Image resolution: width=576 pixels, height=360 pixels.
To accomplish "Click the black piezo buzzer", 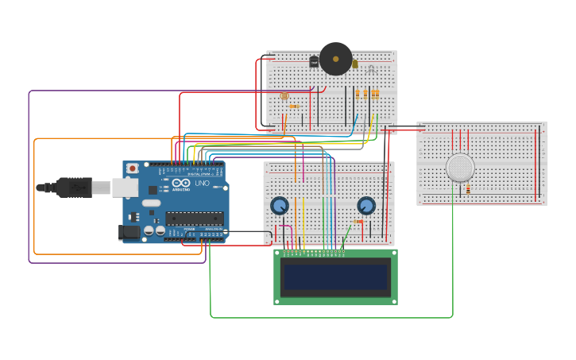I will (335, 58).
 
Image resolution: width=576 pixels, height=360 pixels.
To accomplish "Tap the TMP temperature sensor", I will (314, 61).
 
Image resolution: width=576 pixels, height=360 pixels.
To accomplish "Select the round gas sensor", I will (460, 168).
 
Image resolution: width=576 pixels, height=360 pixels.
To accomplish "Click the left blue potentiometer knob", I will (279, 206).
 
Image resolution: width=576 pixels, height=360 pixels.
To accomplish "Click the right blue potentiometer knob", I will (365, 206).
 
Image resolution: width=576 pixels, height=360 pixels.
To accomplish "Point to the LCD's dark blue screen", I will (335, 277).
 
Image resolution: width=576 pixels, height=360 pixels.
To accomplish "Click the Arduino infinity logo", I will (180, 184).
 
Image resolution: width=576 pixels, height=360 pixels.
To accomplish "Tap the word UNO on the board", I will (202, 184).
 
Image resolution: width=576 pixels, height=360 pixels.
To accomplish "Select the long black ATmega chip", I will (194, 219).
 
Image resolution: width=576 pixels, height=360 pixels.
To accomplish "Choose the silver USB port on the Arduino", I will (125, 188).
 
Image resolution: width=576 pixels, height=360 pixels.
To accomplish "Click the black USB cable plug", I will (74, 188).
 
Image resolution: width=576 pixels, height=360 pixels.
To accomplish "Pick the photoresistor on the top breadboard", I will (284, 96).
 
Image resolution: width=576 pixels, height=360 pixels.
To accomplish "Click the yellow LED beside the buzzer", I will (354, 64).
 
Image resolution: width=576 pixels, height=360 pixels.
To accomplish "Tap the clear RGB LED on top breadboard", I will (371, 69).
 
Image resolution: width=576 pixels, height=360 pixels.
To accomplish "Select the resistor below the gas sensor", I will (468, 189).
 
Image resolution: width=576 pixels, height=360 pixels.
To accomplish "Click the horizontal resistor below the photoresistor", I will (294, 106).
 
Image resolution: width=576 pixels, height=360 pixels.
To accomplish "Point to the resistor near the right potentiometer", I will (357, 222).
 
